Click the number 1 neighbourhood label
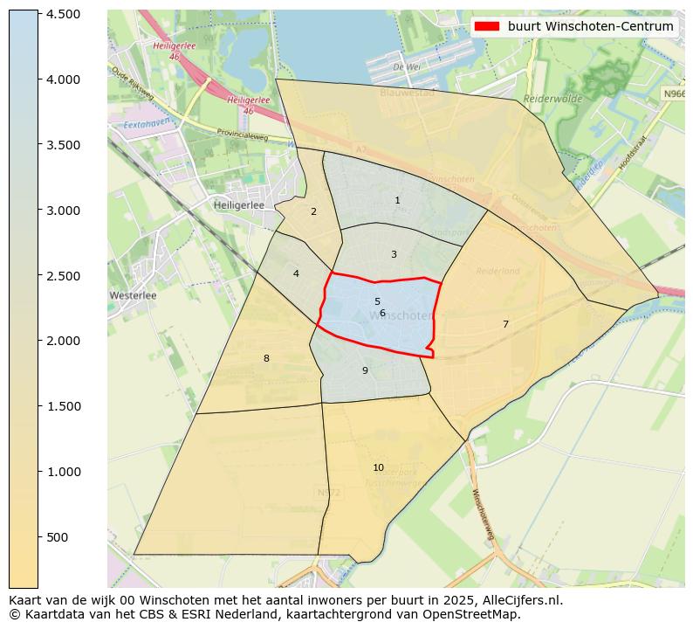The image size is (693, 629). coord(397,201)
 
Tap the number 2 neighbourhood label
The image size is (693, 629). coord(313,211)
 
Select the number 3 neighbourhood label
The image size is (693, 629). coord(394,255)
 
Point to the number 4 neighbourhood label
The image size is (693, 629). coord(296,274)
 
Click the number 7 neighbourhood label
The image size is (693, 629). coord(505,325)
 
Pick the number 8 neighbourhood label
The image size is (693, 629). coord(266,358)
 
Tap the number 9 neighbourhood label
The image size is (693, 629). coord(365,371)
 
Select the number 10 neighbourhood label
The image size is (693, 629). coord(378,467)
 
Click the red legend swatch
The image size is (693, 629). coord(487,26)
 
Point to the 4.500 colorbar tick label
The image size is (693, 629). coord(64,14)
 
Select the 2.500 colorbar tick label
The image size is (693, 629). coord(64,276)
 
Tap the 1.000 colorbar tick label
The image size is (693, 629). coord(64,472)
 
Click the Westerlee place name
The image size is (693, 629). coord(133,295)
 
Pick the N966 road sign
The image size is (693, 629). coord(673,93)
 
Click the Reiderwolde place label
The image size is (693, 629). coord(552,100)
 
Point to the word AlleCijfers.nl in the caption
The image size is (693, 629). coord(518,600)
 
